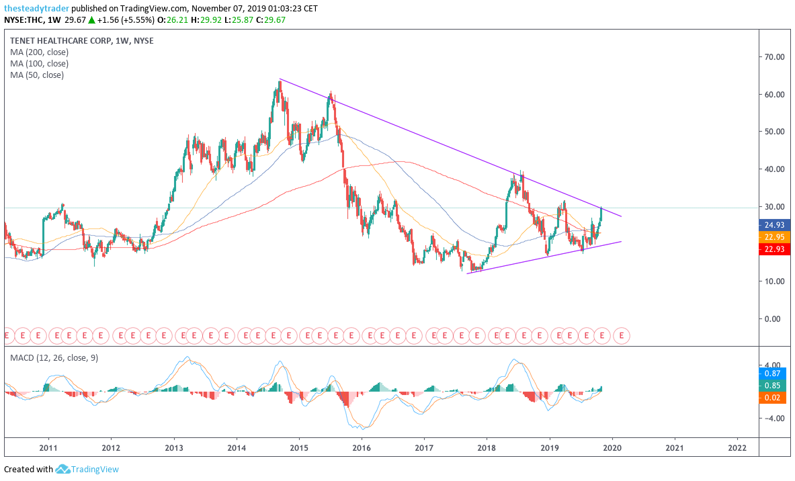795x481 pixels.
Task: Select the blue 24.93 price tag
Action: point(774,225)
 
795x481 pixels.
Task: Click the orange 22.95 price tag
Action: point(774,237)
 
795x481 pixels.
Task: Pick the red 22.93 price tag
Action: point(774,249)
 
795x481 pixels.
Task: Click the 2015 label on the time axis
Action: point(299,447)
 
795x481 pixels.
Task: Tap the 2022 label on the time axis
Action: point(737,447)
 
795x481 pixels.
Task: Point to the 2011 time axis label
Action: point(48,447)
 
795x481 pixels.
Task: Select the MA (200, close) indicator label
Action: point(39,52)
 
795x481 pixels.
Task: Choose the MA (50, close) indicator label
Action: point(37,75)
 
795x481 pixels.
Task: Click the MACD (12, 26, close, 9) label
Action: point(54,358)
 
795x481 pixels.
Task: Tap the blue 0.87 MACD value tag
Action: point(774,373)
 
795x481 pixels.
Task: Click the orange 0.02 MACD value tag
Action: point(774,398)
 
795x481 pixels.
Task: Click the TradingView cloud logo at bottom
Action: point(63,469)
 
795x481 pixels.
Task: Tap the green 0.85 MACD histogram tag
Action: point(774,386)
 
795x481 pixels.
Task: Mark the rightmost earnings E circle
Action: point(622,334)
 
